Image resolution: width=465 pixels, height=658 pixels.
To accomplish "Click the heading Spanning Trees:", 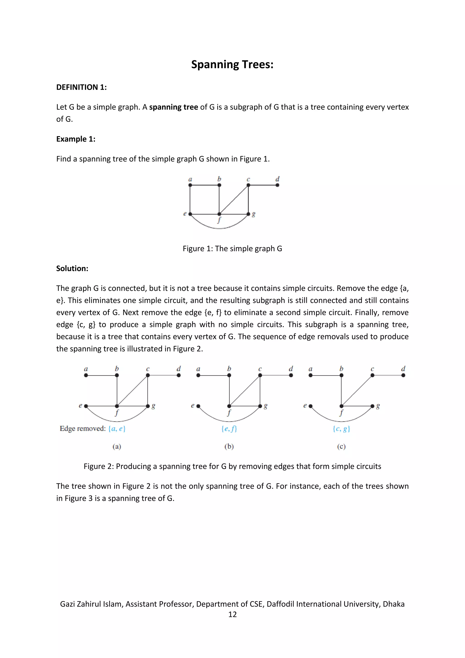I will point(232,65).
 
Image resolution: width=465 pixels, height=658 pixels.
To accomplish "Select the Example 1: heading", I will point(76,139).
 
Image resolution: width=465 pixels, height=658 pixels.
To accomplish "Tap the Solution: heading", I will point(72,269).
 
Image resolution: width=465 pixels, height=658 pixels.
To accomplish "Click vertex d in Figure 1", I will point(277,185).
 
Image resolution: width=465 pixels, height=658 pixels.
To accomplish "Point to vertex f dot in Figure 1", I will point(219,214).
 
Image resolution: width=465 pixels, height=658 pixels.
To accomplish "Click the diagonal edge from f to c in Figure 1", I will point(234,199).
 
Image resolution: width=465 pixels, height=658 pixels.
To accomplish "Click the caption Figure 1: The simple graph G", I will point(232,249).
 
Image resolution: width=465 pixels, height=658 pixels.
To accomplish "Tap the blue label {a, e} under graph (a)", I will point(117,429).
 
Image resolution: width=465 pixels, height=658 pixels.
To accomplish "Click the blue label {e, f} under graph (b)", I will point(229,429).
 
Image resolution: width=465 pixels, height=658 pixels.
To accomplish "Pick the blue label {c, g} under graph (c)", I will point(341,429).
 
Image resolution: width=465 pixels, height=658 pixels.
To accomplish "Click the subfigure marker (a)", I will point(117,446).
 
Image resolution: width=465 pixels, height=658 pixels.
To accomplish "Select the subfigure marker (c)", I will point(341,446).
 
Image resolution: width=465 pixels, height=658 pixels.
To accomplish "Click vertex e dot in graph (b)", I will point(198,406).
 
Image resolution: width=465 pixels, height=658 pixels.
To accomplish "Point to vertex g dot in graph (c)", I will point(372,406).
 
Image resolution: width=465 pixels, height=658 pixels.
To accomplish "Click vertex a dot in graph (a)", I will point(86,375).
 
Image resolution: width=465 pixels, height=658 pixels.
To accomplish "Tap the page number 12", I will point(232,614).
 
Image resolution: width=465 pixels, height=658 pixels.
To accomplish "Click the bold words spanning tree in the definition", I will point(173,107).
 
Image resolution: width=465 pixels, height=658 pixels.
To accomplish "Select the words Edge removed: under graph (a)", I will point(82,429).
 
